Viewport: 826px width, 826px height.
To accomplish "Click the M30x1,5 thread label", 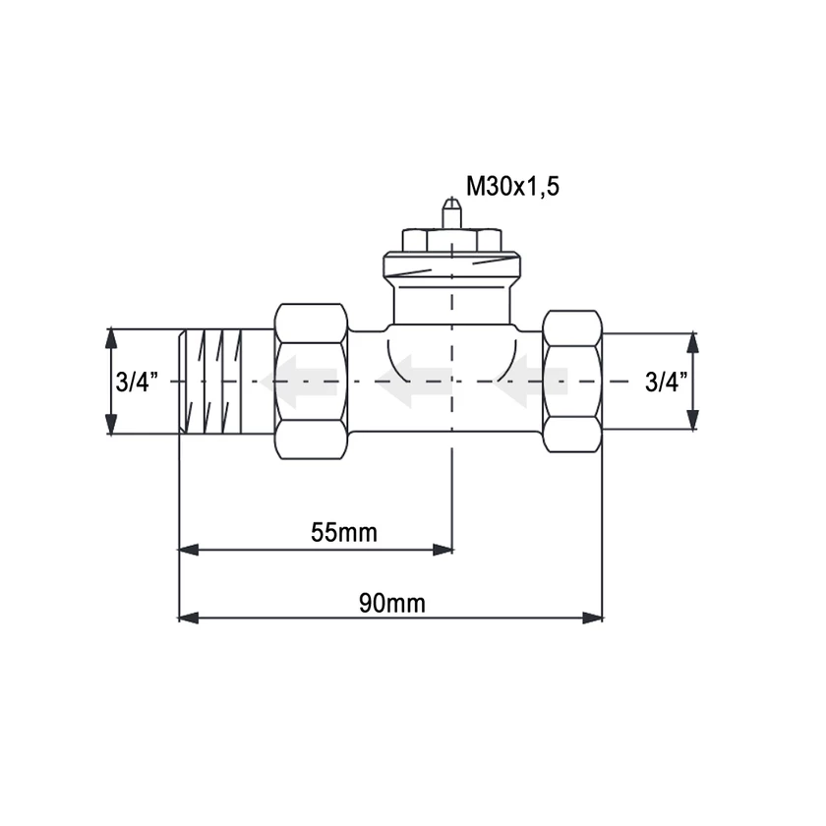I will pos(512,186).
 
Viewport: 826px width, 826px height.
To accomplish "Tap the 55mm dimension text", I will pos(343,532).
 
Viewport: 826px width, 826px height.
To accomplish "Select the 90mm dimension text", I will pos(391,603).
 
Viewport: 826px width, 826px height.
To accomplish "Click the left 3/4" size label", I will pos(137,382).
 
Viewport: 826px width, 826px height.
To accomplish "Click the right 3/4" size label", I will pos(667,382).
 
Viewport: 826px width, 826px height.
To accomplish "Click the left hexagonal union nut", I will pos(311,381).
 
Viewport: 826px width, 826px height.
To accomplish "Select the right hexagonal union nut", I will pos(572,381).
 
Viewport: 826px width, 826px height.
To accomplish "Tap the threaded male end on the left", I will pos(209,382).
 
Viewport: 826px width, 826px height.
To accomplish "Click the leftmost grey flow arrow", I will pos(304,382).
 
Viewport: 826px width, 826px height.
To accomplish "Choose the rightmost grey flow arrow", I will pos(531,382).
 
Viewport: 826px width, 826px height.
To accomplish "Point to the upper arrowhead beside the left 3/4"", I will pos(111,338).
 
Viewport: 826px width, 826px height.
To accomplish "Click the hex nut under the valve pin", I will pos(451,239).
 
